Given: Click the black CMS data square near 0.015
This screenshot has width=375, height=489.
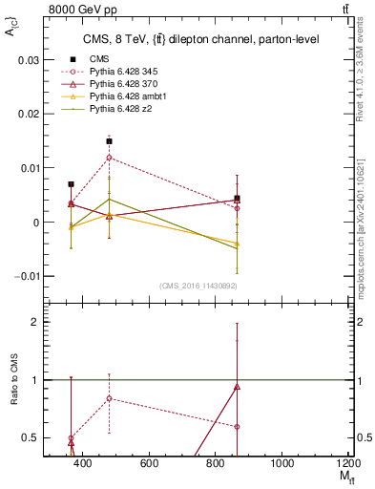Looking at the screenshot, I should pyautogui.click(x=110, y=140).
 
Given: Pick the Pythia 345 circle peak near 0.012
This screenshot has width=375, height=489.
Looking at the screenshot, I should pyautogui.click(x=110, y=157).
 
